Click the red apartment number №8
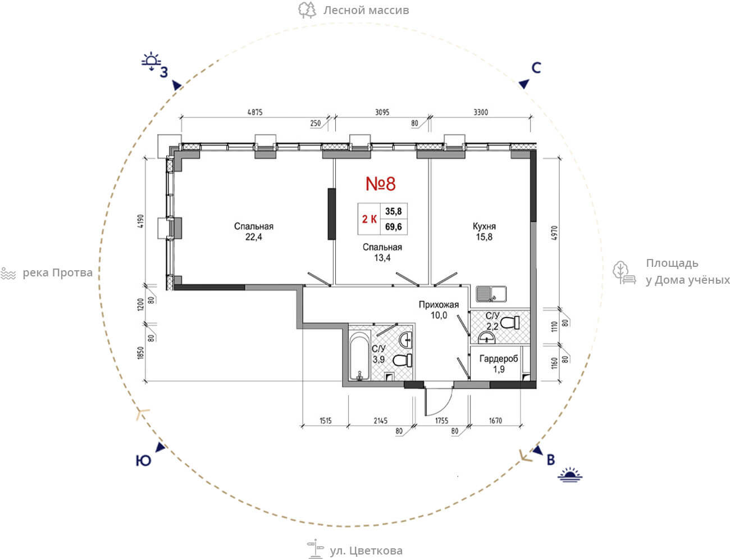point(381,183)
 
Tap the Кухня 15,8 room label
point(484,231)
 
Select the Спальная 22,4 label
point(254,231)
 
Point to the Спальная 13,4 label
point(382,252)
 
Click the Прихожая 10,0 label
point(439,310)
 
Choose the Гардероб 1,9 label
point(499,363)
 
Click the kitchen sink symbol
point(491,294)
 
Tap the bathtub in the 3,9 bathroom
point(360,356)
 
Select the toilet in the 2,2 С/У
point(510,322)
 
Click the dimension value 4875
point(255,112)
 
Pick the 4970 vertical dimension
point(554,233)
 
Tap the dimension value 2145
point(381,421)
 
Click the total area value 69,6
point(394,227)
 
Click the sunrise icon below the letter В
point(570,475)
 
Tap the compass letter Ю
point(143,461)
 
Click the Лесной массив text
point(366,10)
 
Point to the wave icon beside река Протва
point(8,273)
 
